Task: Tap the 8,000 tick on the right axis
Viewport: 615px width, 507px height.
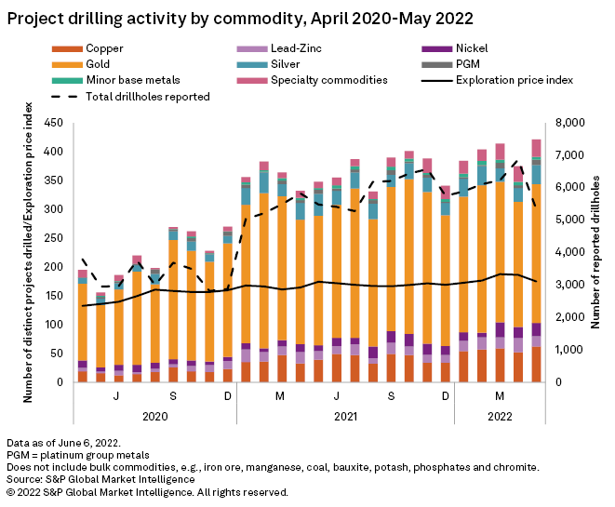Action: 568,123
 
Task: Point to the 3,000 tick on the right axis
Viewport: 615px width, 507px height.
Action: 568,285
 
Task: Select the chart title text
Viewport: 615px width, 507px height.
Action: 240,17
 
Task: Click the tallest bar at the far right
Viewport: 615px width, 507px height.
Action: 537,260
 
